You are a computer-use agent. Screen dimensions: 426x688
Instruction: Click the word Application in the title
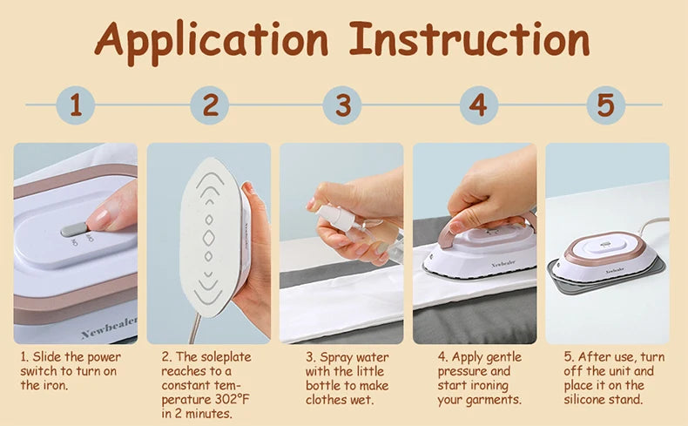tap(212, 40)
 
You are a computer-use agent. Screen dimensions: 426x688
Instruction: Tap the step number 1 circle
tap(76, 106)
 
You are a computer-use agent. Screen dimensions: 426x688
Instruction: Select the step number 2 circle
tap(210, 106)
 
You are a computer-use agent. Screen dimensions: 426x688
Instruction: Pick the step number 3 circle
tap(342, 106)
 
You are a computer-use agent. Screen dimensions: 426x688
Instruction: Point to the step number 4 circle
tap(476, 106)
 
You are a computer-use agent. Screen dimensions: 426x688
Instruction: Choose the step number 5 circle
tap(605, 106)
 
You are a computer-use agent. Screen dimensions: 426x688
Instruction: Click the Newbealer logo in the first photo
tap(109, 328)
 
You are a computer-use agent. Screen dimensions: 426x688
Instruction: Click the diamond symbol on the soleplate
tap(209, 236)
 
